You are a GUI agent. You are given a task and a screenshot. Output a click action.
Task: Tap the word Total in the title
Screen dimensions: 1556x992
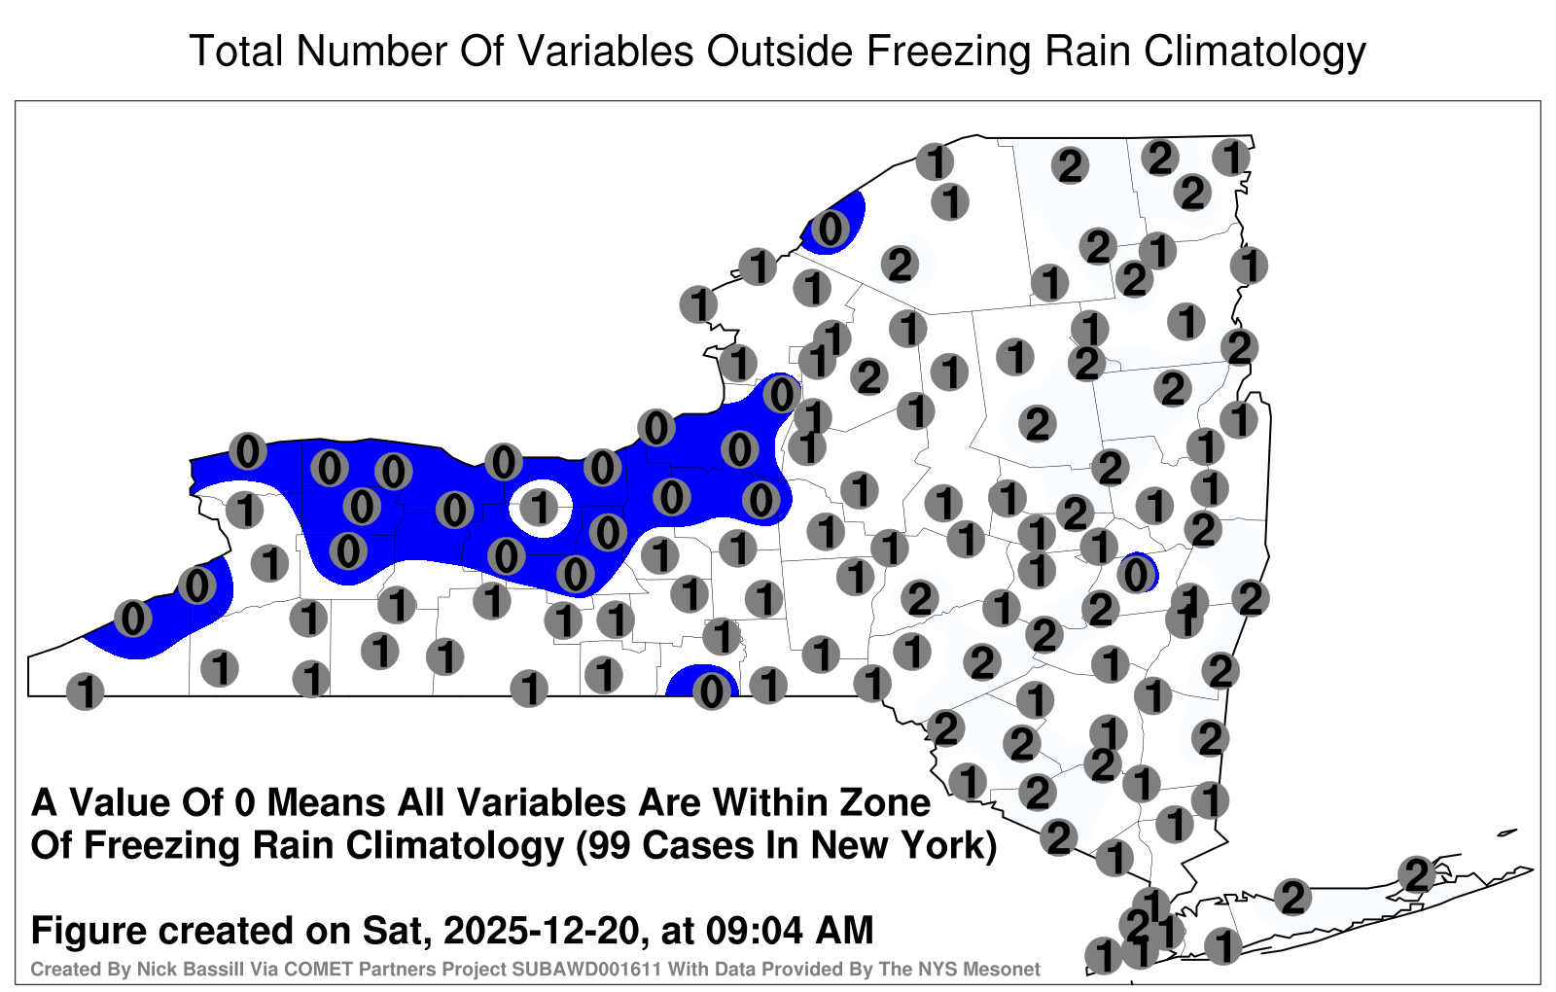(x=236, y=51)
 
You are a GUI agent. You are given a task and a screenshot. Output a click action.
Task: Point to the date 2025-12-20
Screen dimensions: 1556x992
(x=541, y=930)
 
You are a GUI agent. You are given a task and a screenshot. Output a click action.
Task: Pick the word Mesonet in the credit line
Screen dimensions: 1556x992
(x=1008, y=969)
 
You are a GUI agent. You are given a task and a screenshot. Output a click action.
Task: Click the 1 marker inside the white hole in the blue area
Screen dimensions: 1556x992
(x=540, y=507)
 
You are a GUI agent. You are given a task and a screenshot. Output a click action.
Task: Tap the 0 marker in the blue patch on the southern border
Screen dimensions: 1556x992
(x=711, y=691)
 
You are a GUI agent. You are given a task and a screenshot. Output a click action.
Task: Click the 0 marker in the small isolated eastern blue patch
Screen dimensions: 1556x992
(x=1136, y=575)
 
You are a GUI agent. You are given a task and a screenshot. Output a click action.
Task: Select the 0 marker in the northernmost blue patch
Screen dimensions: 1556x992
(x=831, y=229)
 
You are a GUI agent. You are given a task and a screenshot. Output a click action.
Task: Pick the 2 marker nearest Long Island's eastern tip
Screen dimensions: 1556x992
(x=1417, y=874)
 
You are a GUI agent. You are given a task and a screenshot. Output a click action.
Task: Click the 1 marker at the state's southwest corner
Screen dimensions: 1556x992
(x=85, y=691)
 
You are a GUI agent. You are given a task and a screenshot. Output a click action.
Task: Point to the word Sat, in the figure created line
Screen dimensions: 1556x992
(x=395, y=932)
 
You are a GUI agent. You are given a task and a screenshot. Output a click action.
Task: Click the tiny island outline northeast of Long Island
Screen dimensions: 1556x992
(x=1507, y=833)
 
